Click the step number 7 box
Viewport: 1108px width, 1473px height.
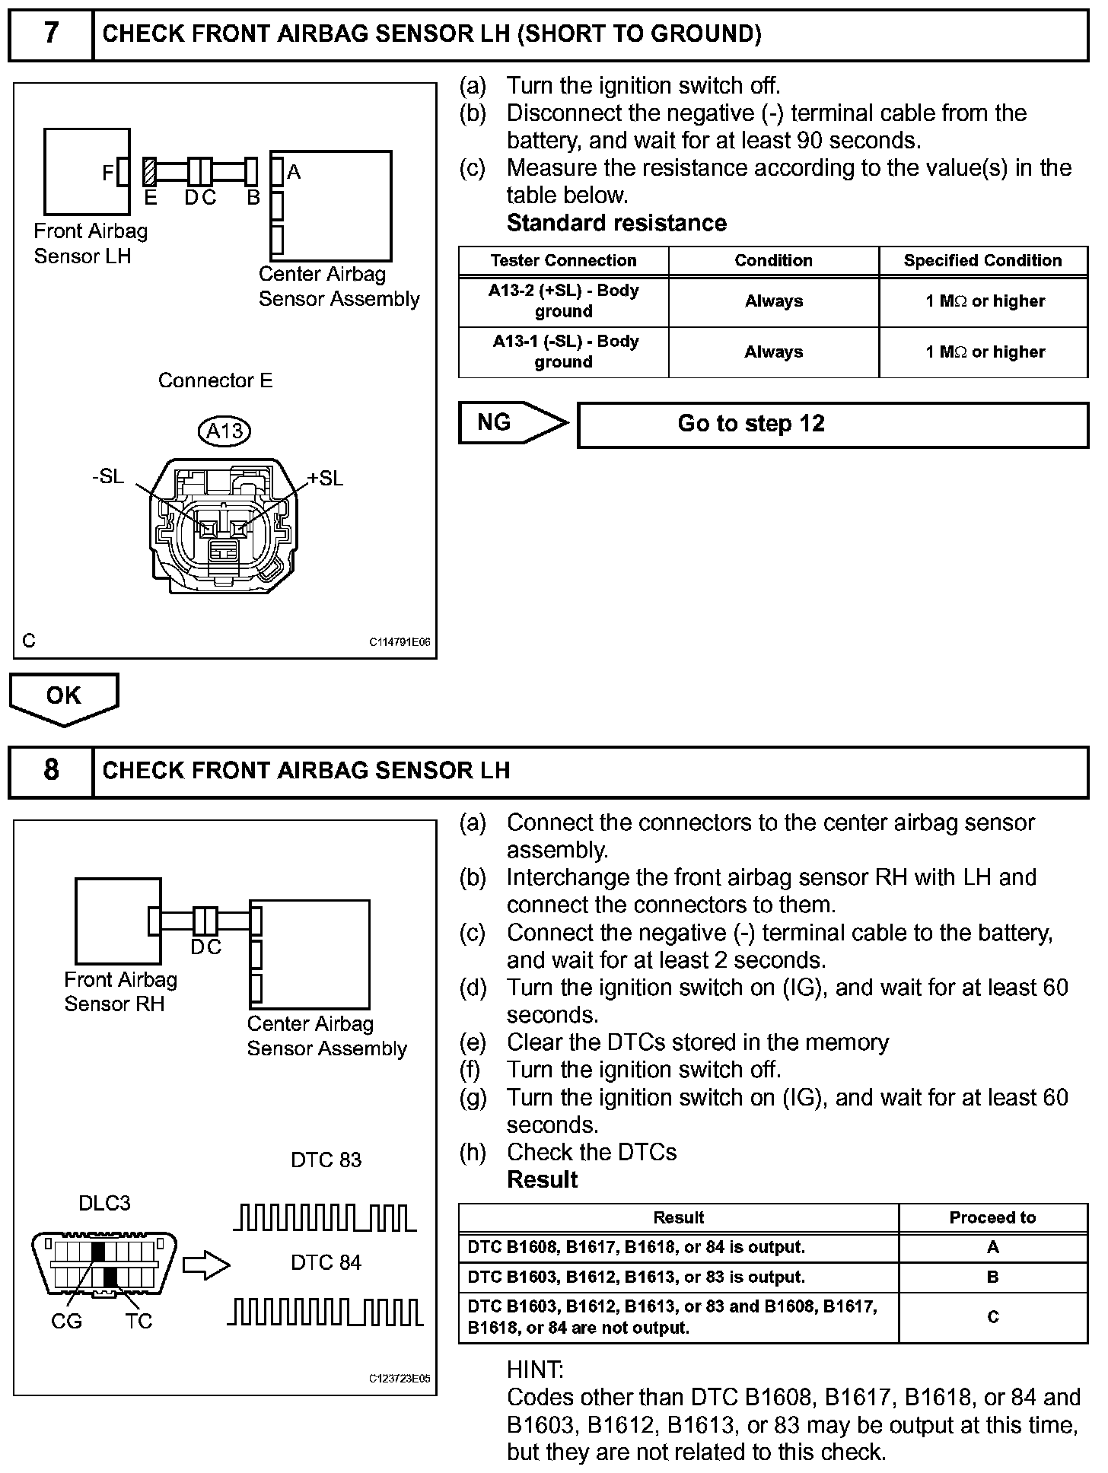51,34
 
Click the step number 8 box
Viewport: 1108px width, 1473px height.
51,771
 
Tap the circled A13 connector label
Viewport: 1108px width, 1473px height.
224,431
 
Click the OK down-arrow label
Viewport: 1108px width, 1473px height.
64,696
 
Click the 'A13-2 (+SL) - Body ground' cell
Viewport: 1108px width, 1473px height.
563,301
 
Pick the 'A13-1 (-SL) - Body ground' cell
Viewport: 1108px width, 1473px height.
563,352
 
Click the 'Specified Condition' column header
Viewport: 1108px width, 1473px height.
982,260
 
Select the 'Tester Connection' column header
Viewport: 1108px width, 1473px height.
563,260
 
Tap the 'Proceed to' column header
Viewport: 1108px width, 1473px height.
992,1217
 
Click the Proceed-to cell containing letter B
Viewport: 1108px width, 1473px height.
992,1277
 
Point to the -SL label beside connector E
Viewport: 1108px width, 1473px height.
107,477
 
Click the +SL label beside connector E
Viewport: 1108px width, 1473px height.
325,479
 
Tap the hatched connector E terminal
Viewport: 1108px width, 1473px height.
150,172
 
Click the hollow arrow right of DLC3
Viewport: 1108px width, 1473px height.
207,1266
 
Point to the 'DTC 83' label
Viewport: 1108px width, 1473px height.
326,1160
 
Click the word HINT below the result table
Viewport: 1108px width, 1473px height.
535,1370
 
